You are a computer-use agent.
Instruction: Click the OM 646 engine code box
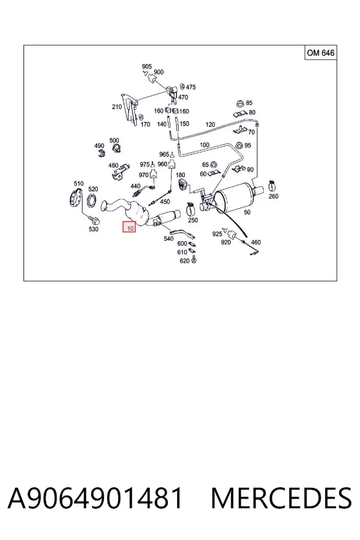point(321,53)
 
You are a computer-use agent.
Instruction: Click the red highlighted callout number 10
point(130,227)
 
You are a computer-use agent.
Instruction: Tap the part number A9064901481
point(95,499)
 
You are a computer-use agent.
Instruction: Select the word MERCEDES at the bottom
point(281,499)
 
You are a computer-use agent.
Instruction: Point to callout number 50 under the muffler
point(247,212)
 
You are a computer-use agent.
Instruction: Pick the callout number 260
point(273,196)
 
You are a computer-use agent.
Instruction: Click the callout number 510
point(79,183)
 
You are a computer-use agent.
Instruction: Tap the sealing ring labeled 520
point(92,201)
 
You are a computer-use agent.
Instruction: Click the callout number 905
point(147,67)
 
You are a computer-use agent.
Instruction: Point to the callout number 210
point(117,107)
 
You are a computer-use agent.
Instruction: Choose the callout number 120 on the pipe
point(210,124)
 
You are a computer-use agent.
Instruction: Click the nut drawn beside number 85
point(239,103)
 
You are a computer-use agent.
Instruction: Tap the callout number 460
point(256,242)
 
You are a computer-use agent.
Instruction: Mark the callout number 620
point(184,261)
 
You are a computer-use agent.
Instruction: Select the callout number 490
point(99,146)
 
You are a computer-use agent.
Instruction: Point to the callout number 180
point(180,175)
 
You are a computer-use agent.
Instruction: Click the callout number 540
point(168,238)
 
